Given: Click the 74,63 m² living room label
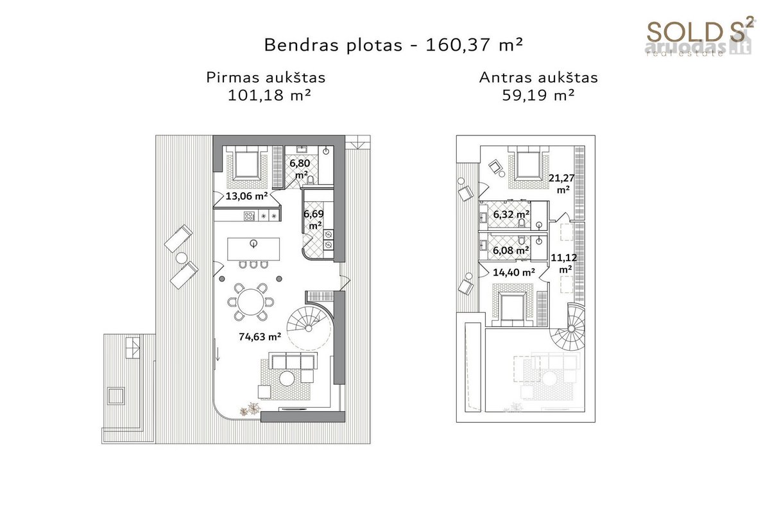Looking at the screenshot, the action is click(260, 337).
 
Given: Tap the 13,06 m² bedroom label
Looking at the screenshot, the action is click(246, 196).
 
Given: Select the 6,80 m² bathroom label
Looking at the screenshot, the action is click(300, 169).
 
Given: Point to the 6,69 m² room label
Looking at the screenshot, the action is click(314, 219).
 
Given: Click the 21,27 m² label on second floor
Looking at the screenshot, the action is click(561, 184).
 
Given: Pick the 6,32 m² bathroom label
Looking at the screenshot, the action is click(511, 214).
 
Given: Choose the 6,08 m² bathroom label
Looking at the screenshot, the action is click(511, 251).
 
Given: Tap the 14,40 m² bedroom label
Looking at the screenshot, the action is click(514, 273).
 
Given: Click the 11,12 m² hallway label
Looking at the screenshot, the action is click(564, 263).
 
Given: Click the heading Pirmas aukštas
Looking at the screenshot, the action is click(266, 78).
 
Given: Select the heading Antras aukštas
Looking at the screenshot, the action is click(538, 78).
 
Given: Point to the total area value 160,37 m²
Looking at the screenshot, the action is click(474, 45).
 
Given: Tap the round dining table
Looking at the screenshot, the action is click(251, 302).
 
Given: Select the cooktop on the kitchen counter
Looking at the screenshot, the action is click(249, 216).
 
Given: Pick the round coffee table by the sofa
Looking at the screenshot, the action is click(287, 378).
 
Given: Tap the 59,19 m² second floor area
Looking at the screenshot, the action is click(538, 95).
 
